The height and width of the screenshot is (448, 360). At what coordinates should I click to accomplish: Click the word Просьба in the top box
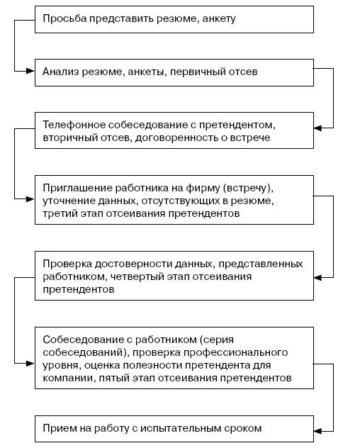coord(64,19)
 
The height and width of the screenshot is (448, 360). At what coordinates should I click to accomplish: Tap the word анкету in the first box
coord(218,19)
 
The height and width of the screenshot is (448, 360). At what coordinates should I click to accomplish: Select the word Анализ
coord(60,72)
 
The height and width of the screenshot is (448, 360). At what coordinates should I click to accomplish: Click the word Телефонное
coord(74,125)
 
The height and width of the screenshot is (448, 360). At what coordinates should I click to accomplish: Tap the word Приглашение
coord(77,188)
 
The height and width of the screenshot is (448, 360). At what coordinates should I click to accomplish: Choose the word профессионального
coord(235,352)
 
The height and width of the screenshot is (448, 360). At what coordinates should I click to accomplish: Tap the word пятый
coord(114,379)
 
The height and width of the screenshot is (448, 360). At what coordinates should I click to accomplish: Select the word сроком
coord(243,429)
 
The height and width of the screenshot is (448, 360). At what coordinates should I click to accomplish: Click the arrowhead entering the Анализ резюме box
coord(30,71)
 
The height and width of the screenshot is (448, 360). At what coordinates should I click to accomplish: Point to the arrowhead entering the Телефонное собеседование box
coord(318,128)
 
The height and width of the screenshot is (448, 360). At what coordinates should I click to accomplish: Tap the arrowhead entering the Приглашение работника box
coord(30,199)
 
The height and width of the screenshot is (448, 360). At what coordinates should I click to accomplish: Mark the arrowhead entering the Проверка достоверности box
coord(318,277)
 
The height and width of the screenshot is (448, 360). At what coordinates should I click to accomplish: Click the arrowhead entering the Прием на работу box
coord(318,431)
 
